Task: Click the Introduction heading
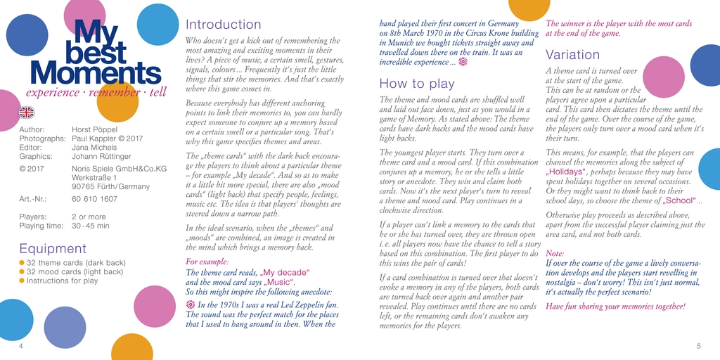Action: point(223,25)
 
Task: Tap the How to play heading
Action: point(411,84)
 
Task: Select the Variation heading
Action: point(572,55)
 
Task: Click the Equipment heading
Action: point(53,249)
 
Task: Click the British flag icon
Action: point(27,112)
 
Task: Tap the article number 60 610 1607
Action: point(94,199)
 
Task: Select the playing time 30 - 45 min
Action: point(90,226)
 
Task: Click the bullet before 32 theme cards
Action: point(22,263)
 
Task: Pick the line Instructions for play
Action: point(62,281)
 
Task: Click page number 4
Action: point(21,346)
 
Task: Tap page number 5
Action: point(698,346)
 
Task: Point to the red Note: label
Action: point(555,253)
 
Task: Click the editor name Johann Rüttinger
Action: point(101,156)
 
